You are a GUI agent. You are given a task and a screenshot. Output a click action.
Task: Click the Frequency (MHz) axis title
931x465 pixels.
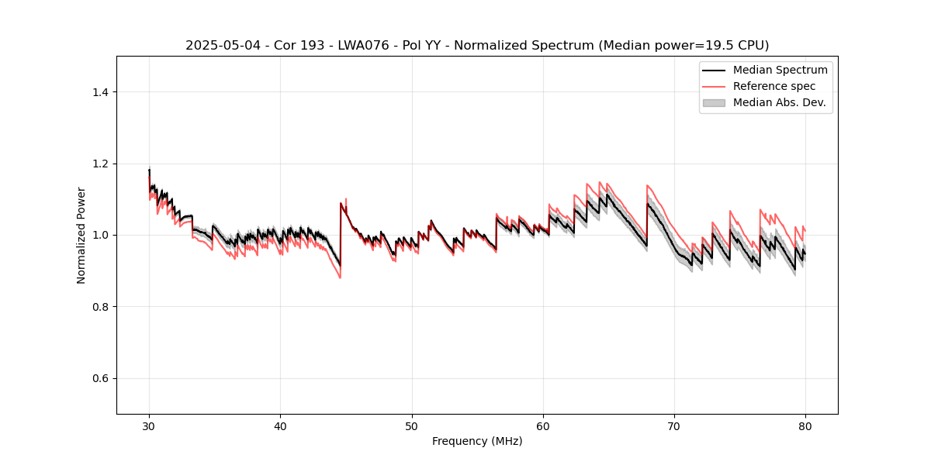click(x=477, y=441)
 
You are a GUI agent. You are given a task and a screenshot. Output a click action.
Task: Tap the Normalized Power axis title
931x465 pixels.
click(x=81, y=235)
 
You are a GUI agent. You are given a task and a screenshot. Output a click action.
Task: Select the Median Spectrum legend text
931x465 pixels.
click(x=780, y=70)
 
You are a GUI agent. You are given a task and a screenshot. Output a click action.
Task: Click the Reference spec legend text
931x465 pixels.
click(x=774, y=86)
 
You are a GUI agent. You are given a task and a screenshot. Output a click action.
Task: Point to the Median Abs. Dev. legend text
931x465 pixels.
click(x=780, y=102)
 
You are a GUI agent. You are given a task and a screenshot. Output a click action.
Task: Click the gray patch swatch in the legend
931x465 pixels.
click(x=714, y=102)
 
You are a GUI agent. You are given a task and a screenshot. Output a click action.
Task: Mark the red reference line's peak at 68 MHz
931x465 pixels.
click(x=647, y=185)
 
